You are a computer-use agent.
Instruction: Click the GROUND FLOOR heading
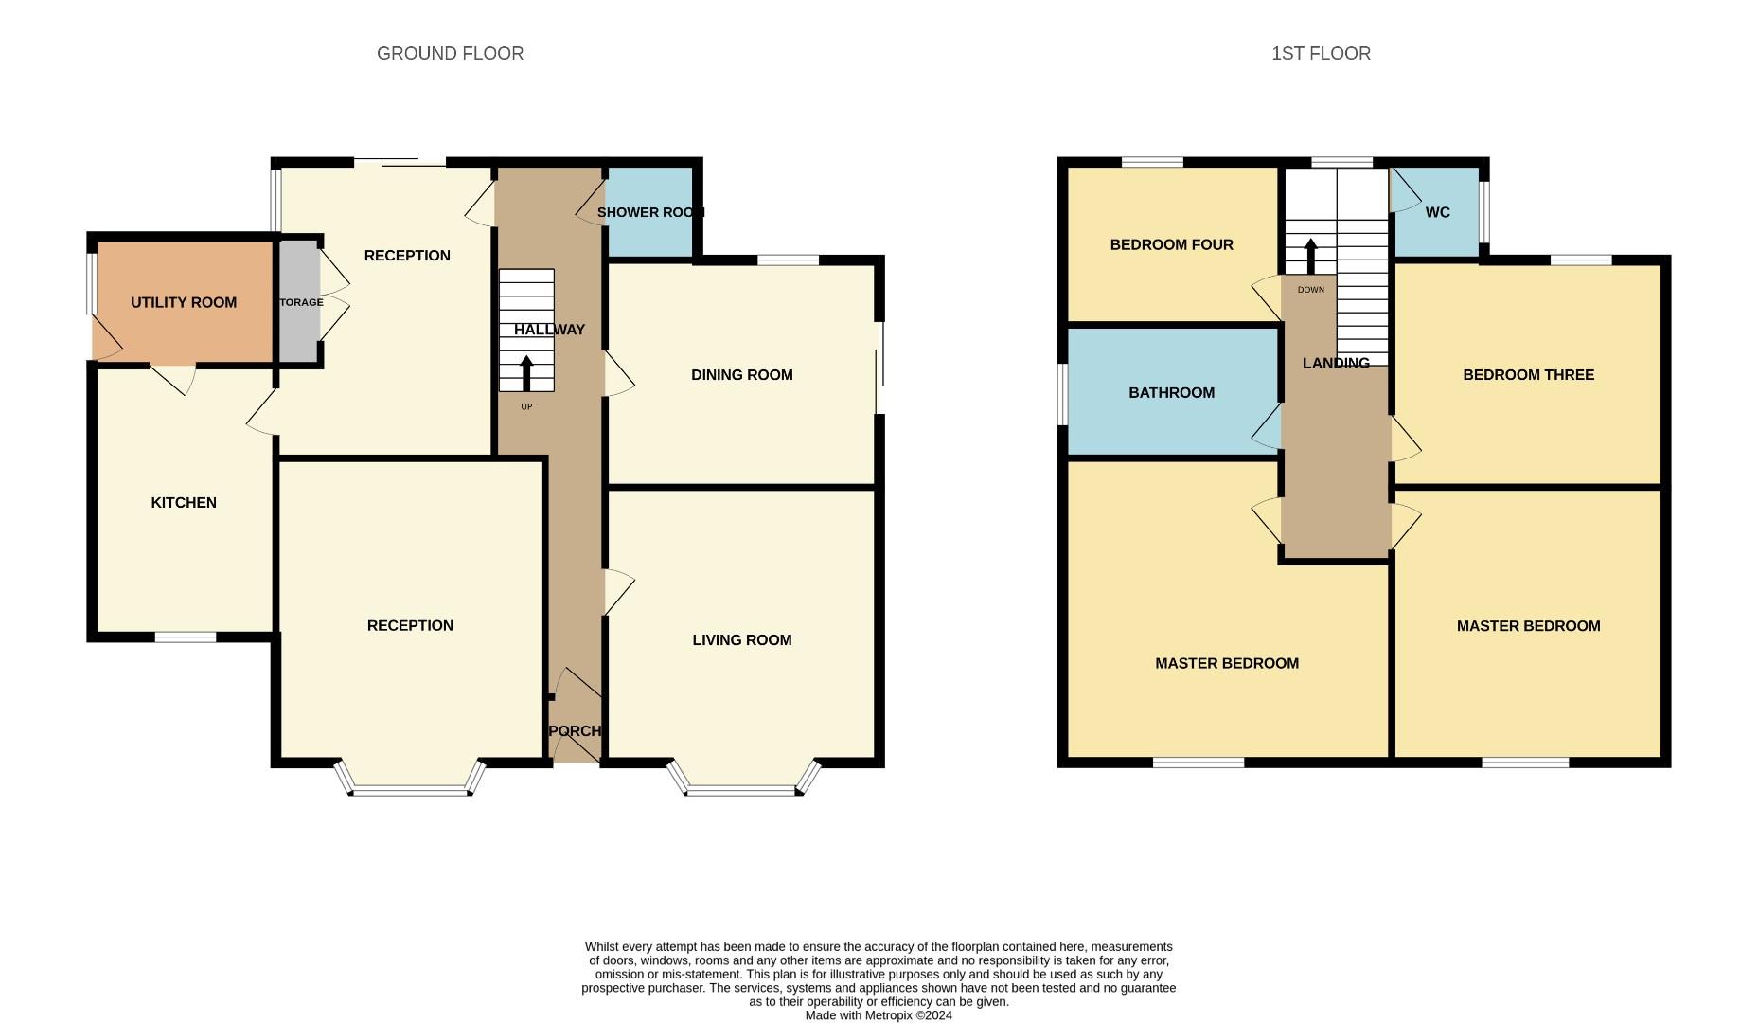click(x=450, y=54)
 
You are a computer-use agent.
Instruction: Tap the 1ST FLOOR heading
click(x=1321, y=54)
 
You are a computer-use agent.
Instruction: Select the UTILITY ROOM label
click(x=184, y=303)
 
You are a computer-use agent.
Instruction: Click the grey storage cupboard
click(x=299, y=302)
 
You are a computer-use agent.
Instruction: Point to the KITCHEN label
click(x=184, y=503)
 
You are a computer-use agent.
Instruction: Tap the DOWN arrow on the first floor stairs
click(x=1311, y=256)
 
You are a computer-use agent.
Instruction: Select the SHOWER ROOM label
click(x=650, y=212)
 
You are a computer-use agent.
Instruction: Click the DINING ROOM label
click(x=742, y=375)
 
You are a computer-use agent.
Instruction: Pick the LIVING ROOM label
click(x=742, y=640)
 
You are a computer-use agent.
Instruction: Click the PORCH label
click(x=575, y=731)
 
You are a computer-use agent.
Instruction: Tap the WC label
click(x=1437, y=212)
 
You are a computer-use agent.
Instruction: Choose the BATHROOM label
click(x=1171, y=393)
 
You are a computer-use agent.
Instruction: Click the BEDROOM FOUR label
click(x=1171, y=245)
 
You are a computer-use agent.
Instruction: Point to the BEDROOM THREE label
click(x=1528, y=375)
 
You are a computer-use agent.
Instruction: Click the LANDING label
click(x=1336, y=364)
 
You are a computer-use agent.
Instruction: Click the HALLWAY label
click(x=550, y=330)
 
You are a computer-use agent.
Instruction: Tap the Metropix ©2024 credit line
click(x=879, y=1015)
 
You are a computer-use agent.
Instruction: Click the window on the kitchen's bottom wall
click(x=186, y=637)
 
